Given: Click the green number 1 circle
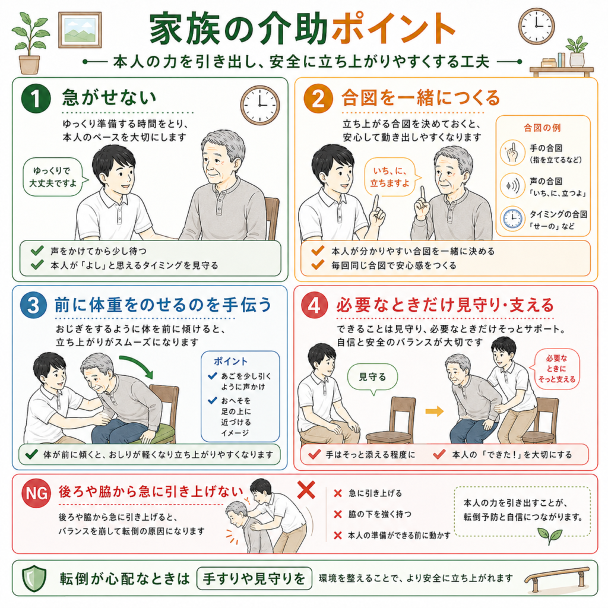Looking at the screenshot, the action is [36, 99].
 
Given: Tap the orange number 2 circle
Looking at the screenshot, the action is [318, 99].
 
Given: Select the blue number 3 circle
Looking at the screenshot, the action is [34, 305].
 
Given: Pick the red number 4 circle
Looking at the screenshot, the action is [315, 305].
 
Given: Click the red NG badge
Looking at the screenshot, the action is [36, 493].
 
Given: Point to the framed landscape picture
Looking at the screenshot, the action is [80, 30].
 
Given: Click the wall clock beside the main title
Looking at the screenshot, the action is [536, 26].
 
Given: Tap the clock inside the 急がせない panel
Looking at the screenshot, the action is [260, 105].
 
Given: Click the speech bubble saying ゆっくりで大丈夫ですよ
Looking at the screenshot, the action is [54, 177].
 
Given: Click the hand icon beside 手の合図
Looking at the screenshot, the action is [512, 153].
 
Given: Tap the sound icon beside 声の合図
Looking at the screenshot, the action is [512, 186].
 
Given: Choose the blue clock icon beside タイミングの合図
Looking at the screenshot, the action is [512, 218].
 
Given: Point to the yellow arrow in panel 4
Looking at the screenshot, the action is [434, 411].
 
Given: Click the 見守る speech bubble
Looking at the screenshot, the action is [373, 377].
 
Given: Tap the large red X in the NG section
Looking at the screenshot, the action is [306, 490].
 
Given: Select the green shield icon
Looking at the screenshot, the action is [34, 578].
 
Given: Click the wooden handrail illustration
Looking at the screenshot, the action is [556, 578].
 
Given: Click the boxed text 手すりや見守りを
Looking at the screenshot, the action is [254, 578].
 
